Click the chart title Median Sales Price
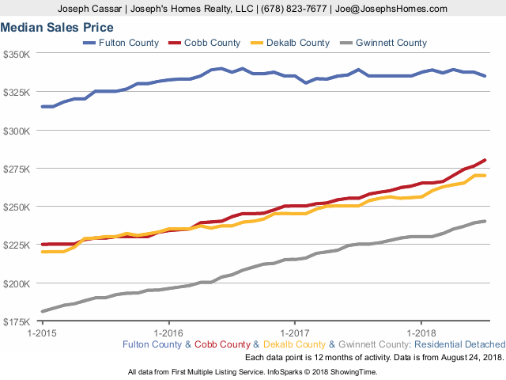57,27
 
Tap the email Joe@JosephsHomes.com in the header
401,9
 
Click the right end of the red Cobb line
485,160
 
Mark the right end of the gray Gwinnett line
485,221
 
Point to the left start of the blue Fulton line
42,106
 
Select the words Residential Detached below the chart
459,344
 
